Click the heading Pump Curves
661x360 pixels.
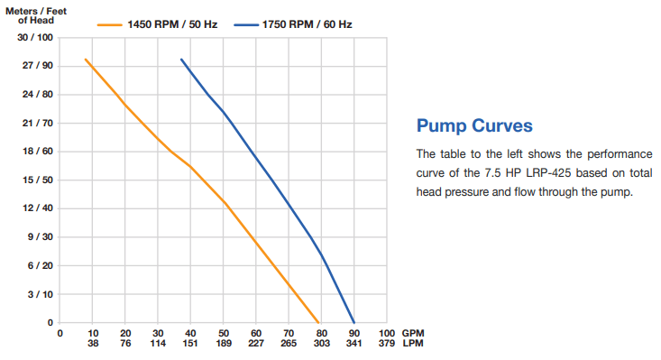click(x=473, y=125)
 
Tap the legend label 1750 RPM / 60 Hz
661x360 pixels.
click(x=307, y=24)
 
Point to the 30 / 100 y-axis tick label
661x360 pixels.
click(x=35, y=38)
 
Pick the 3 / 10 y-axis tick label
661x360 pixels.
click(x=38, y=294)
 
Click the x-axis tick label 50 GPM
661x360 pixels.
click(x=224, y=333)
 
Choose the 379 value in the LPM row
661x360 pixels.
click(x=386, y=344)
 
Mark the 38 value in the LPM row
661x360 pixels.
click(x=93, y=344)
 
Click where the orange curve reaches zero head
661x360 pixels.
click(x=319, y=322)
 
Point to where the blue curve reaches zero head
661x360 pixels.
click(x=353, y=322)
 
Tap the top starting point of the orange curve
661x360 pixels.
click(x=86, y=60)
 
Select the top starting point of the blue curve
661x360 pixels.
click(x=181, y=60)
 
